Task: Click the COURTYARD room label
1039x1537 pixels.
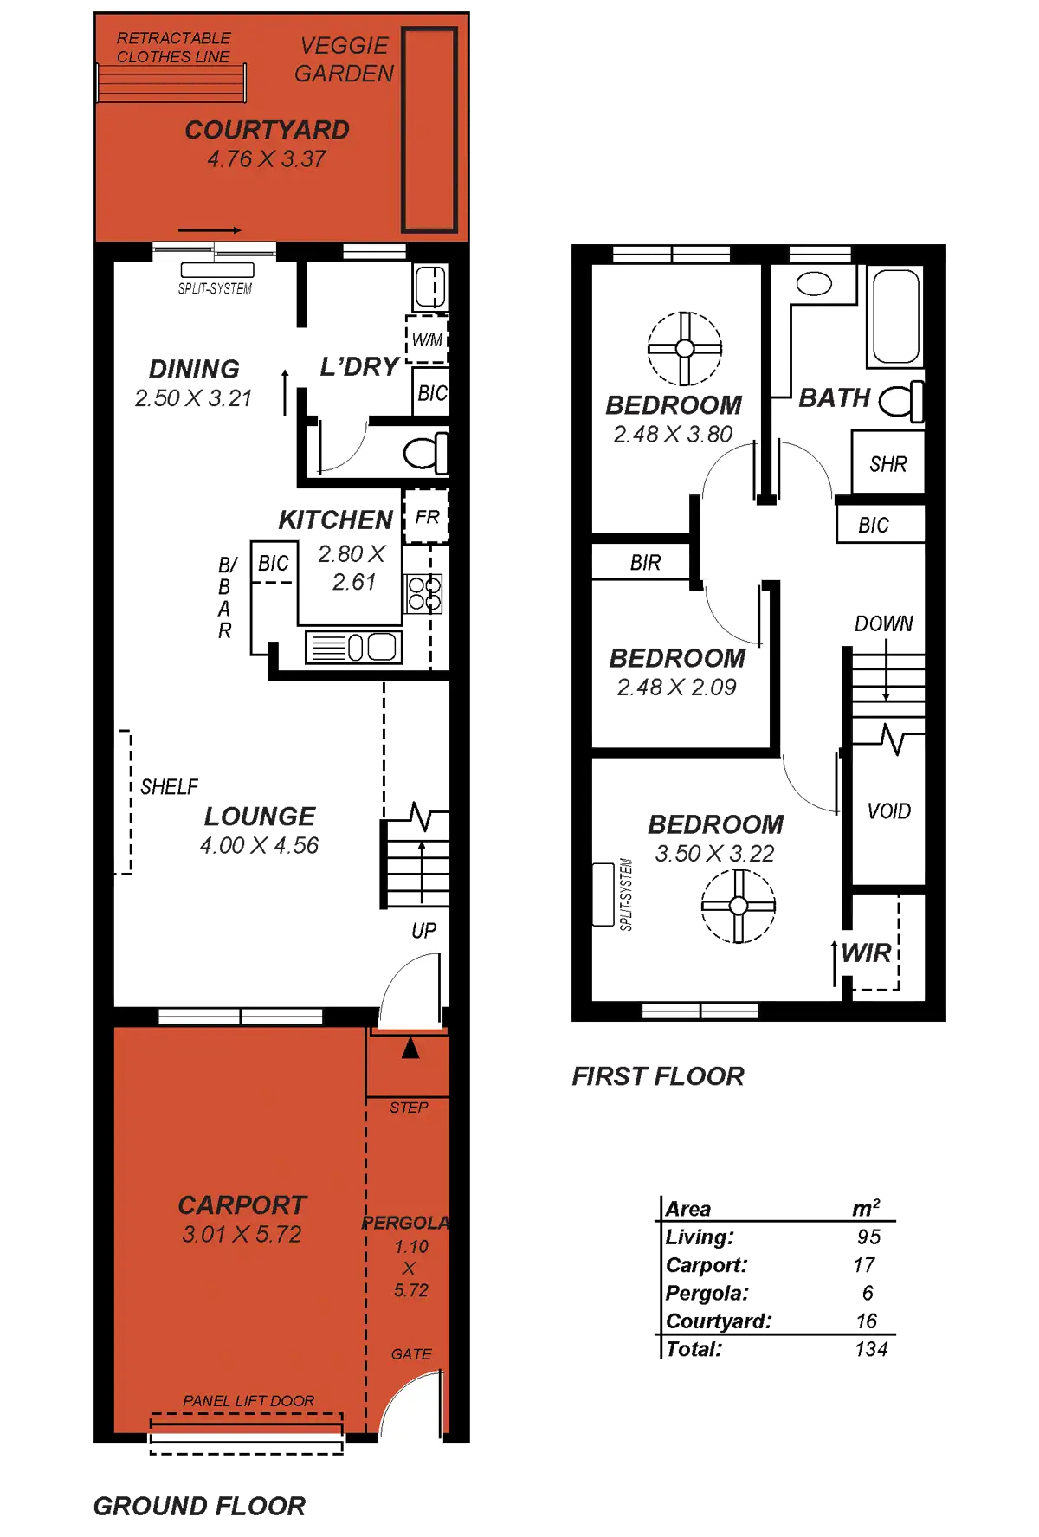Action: click(267, 131)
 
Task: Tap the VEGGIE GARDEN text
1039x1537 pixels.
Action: click(345, 60)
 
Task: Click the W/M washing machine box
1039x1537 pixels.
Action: click(427, 339)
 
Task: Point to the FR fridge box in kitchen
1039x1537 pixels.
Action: click(427, 517)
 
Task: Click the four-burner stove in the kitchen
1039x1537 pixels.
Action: click(424, 593)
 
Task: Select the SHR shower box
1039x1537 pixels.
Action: click(887, 464)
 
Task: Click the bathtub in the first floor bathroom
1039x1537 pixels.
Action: click(895, 317)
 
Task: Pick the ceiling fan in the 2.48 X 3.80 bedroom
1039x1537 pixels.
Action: click(684, 348)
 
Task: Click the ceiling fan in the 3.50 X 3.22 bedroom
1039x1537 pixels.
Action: click(738, 906)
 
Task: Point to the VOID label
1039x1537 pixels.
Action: click(888, 811)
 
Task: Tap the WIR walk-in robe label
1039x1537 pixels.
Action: click(867, 953)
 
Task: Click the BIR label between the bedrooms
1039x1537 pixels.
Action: click(646, 563)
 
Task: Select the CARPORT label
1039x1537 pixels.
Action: click(242, 1204)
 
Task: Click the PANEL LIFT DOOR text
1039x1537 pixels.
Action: click(248, 1400)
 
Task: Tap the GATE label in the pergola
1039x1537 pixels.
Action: click(410, 1353)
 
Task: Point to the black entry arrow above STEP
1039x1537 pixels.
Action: click(411, 1049)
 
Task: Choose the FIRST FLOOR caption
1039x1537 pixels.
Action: click(657, 1076)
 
